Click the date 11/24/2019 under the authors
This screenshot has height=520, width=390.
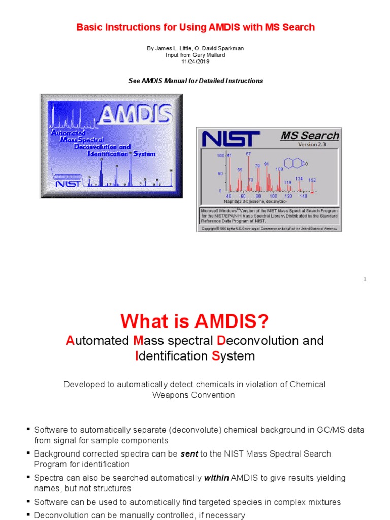[x=195, y=61]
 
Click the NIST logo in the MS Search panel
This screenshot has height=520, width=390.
[x=231, y=139]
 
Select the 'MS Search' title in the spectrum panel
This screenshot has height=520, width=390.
[x=310, y=136]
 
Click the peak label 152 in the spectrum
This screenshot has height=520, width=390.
[x=312, y=180]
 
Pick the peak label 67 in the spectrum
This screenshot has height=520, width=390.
[x=248, y=153]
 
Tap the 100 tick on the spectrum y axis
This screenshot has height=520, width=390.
[x=220, y=156]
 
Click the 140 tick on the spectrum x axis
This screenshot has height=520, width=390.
[x=303, y=196]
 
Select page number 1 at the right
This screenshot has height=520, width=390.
[x=365, y=279]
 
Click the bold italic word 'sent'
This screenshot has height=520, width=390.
[x=189, y=454]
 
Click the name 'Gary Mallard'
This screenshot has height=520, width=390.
[x=207, y=55]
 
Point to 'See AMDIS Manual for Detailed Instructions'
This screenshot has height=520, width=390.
[x=195, y=81]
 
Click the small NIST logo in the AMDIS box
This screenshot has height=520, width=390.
[x=68, y=183]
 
